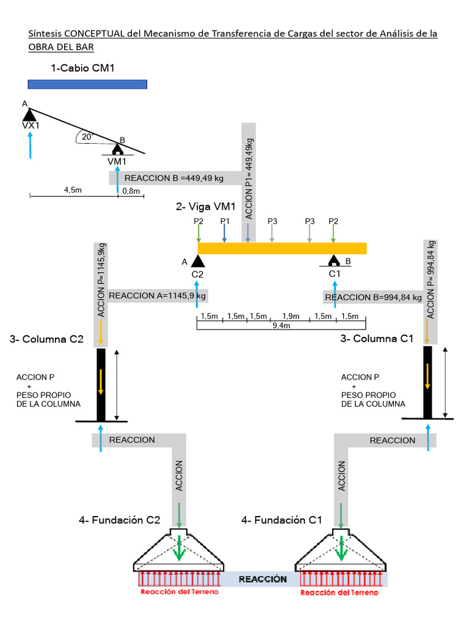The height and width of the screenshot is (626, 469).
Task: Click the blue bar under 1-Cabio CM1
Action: click(87, 84)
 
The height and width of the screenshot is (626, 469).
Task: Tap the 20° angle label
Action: click(87, 137)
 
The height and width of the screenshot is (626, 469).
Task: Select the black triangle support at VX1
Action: click(29, 114)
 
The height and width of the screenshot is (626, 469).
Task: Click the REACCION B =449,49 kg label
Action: click(174, 179)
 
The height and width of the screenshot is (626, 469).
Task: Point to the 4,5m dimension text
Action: click(73, 190)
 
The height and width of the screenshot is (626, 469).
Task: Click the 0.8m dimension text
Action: click(131, 191)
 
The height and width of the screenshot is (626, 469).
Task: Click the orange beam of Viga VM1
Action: click(282, 248)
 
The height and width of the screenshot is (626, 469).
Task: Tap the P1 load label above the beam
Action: click(224, 221)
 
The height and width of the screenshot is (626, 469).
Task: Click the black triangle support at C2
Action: click(197, 261)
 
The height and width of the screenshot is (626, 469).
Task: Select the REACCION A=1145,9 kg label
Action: click(158, 296)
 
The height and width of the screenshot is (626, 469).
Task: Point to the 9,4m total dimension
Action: click(282, 326)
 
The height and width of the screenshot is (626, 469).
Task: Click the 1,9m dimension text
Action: click(290, 316)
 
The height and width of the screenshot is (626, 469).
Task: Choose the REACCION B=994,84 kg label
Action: click(373, 298)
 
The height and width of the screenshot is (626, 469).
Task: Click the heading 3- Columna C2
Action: click(46, 339)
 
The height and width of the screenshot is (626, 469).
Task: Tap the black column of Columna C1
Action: click(427, 382)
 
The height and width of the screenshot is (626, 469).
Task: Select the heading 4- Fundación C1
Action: click(282, 520)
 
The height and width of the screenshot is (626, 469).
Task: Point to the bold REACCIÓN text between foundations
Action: click(263, 579)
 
